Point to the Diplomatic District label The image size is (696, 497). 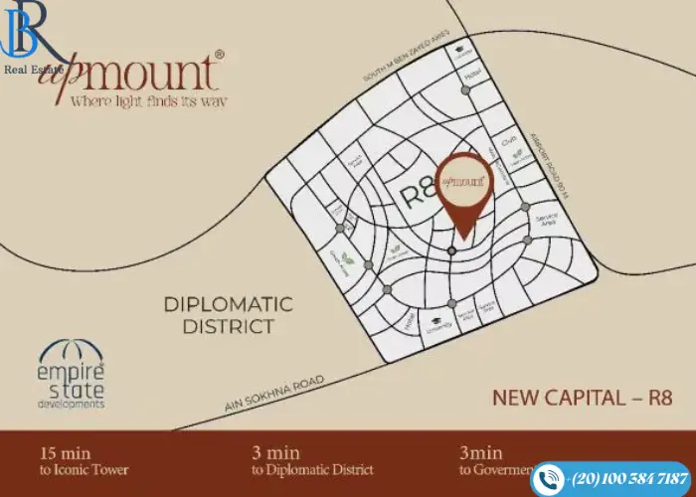click(x=229, y=314)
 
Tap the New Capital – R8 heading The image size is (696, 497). click(x=583, y=398)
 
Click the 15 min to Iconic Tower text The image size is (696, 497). click(x=84, y=459)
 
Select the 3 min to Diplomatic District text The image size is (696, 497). click(x=312, y=459)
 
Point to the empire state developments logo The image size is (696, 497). click(x=71, y=375)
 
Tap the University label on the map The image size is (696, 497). click(x=438, y=325)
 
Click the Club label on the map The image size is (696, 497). click(x=508, y=142)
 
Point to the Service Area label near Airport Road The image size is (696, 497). click(x=545, y=220)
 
